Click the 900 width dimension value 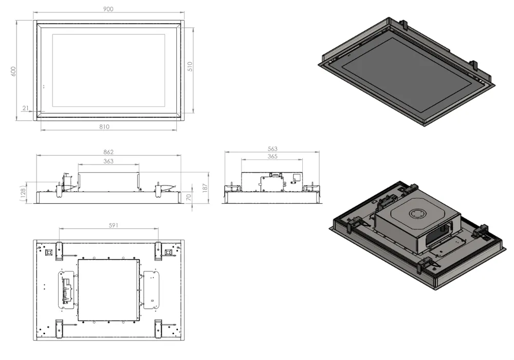click(108, 9)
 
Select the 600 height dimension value click(14, 71)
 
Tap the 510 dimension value click(190, 66)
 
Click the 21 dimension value click(25, 108)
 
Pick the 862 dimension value click(108, 152)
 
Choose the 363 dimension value click(108, 161)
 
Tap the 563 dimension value click(272, 149)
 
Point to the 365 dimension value click(272, 156)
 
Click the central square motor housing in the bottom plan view click(108, 290)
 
